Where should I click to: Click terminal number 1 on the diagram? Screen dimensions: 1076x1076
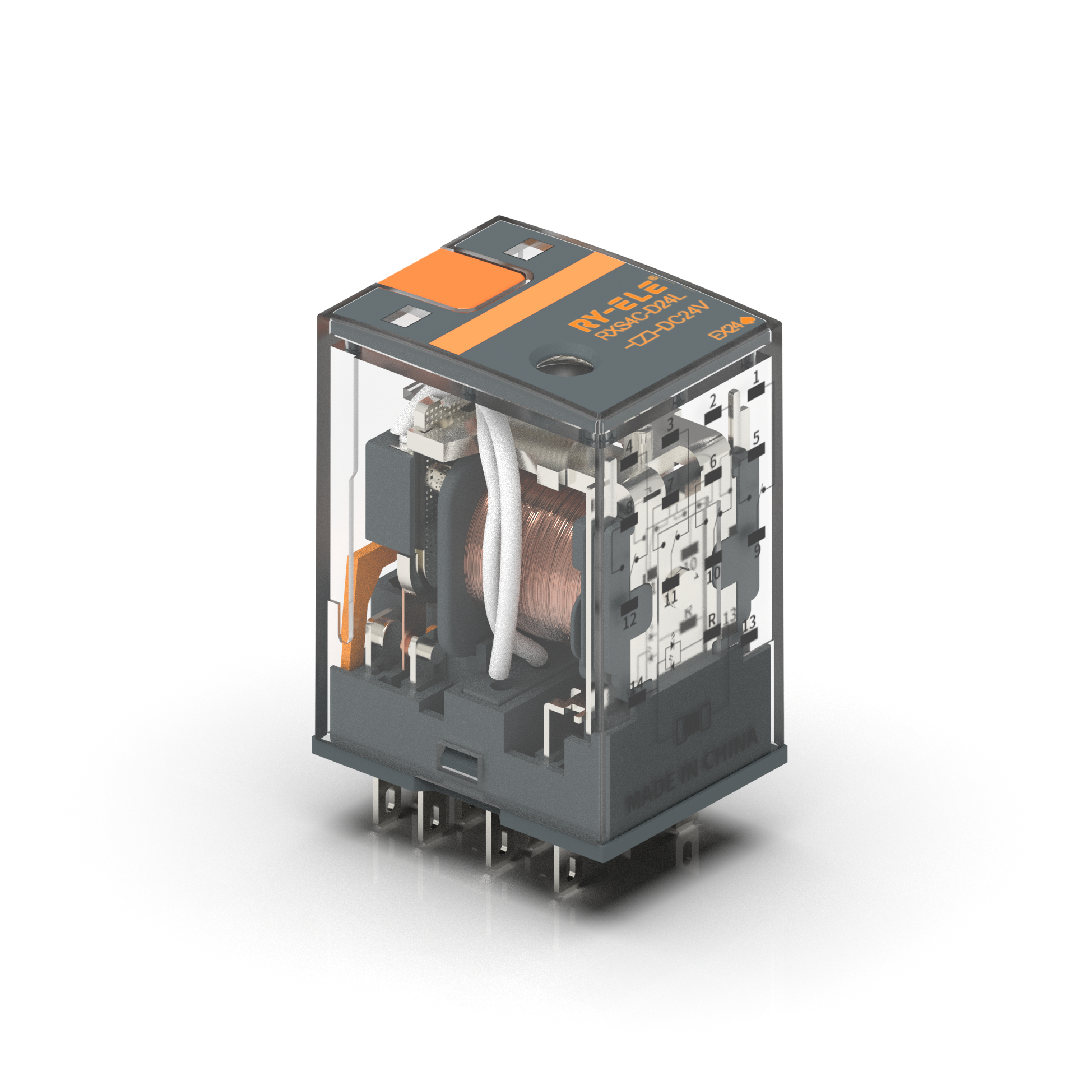click(756, 377)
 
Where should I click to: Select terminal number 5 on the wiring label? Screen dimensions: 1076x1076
click(756, 438)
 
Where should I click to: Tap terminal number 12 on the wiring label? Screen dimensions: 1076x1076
click(629, 620)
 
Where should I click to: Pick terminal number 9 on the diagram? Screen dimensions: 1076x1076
click(757, 550)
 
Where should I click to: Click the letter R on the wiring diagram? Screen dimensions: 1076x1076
click(712, 620)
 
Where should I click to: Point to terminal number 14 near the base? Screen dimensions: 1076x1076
click(637, 685)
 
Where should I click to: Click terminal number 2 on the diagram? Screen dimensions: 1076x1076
click(713, 401)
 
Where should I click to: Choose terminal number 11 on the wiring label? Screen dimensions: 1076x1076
click(671, 597)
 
